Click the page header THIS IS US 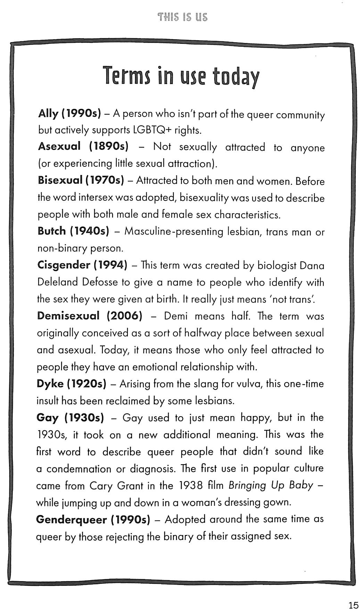tap(182, 17)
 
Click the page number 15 tap(353, 605)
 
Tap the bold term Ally tap(48, 114)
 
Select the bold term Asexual tap(59, 146)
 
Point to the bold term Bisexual tap(60, 180)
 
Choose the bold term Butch tap(51, 231)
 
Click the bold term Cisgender tap(64, 265)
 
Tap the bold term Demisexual tap(68, 316)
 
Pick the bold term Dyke tap(50, 384)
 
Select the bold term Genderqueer tap(71, 520)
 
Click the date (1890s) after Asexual tap(109, 146)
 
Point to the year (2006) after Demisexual tap(125, 316)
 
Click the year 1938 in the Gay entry tap(191, 485)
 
